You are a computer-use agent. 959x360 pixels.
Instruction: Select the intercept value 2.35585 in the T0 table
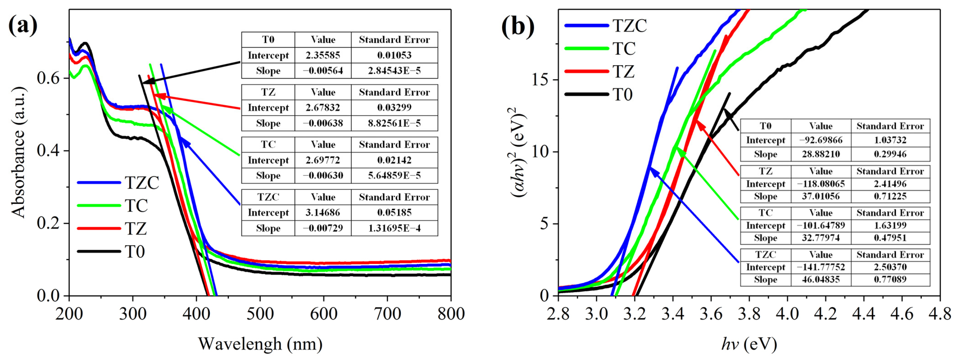tap(323, 55)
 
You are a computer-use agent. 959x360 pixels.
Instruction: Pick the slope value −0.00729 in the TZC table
tap(323, 228)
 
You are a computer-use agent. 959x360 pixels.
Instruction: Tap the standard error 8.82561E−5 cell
tap(394, 123)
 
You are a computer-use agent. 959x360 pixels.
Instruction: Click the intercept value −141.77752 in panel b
tap(820, 267)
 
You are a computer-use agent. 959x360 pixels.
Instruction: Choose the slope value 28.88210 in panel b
tap(820, 154)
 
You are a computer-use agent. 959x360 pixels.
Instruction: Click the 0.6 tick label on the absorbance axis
tap(48, 78)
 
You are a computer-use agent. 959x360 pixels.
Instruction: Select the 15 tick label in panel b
tap(541, 80)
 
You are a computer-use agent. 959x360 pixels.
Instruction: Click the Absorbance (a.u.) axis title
tap(18, 153)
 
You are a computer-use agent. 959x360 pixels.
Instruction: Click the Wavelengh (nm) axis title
tap(260, 344)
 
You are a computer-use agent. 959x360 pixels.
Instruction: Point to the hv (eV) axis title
tap(749, 344)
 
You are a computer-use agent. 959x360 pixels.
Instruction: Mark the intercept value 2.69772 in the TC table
tap(323, 160)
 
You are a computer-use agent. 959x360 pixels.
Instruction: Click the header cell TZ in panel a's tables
tap(268, 92)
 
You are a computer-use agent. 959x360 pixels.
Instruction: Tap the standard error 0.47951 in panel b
tap(890, 237)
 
